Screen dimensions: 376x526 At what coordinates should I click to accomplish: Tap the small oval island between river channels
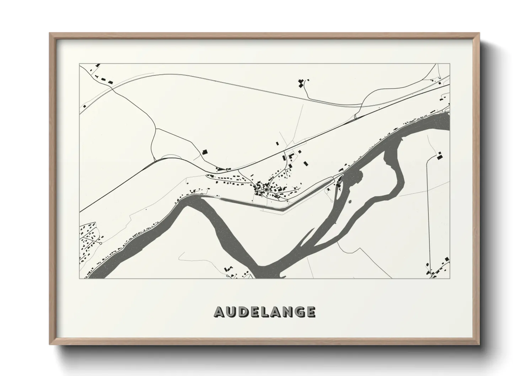[x=350, y=202]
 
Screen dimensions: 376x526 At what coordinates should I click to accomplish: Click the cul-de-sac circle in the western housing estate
[x=101, y=243]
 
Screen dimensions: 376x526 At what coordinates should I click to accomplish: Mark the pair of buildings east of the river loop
[x=440, y=155]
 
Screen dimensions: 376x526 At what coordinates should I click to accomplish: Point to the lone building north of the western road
[x=204, y=152]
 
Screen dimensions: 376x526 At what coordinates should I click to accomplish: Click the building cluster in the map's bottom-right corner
[x=435, y=270]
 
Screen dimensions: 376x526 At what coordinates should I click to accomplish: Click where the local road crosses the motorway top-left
[x=114, y=87]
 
